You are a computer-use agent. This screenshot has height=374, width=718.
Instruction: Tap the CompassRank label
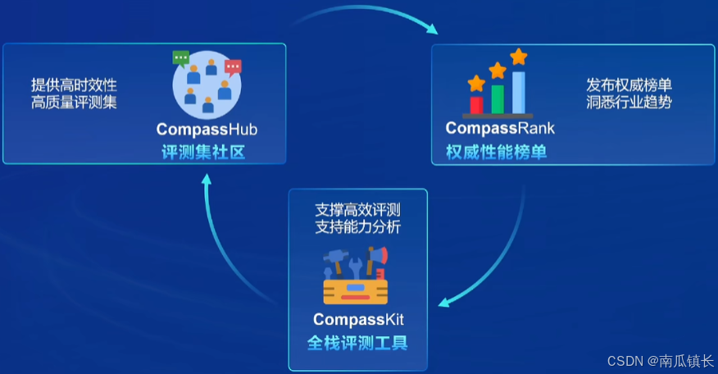[x=500, y=128]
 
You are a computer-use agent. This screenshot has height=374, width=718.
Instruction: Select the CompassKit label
[x=358, y=318]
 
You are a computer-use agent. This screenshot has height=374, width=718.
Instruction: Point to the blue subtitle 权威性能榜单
[x=496, y=151]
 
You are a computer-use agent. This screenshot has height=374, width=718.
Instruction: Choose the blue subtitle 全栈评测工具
[x=357, y=343]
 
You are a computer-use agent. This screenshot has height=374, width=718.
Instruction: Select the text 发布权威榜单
[x=629, y=84]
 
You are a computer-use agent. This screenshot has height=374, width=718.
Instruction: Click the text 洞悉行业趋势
[x=629, y=103]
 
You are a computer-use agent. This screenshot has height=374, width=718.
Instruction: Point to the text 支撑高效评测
[x=357, y=208]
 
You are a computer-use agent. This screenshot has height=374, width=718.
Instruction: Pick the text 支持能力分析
[x=357, y=226]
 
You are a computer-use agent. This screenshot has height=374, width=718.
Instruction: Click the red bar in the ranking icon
[x=476, y=104]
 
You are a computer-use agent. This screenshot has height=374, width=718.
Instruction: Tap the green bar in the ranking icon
[x=498, y=98]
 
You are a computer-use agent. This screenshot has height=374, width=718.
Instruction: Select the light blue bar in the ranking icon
[x=519, y=92]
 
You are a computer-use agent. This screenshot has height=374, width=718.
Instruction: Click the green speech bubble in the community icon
[x=180, y=57]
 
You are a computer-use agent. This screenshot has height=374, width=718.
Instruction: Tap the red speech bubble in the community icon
[x=233, y=66]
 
